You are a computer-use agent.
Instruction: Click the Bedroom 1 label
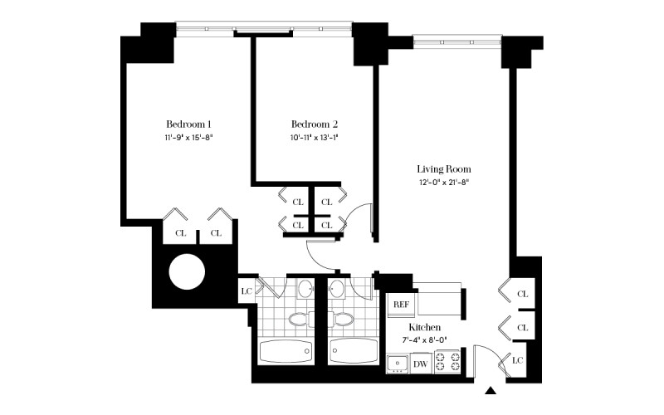pos(188,124)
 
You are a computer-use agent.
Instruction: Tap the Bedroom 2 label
pos(315,124)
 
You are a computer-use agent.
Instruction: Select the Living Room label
pos(444,169)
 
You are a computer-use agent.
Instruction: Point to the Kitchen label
pos(424,327)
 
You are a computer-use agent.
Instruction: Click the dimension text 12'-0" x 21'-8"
pos(443,183)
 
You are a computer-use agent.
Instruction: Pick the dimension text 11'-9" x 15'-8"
pos(188,137)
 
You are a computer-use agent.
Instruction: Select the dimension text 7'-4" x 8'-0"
pos(424,339)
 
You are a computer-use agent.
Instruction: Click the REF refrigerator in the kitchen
pos(402,305)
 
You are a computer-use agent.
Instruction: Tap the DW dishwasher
pos(420,364)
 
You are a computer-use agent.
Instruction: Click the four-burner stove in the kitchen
pos(447,361)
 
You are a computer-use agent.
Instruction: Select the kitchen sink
pos(398,364)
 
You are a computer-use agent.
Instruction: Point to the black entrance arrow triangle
pos(491,390)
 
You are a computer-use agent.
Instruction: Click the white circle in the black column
pos(187,272)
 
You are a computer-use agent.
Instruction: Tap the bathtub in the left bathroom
pos(286,351)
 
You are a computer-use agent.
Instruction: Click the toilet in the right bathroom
pos(342,320)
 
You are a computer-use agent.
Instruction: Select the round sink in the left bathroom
pos(305,289)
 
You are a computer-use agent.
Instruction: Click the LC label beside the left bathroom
pos(246,291)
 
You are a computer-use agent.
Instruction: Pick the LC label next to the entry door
pos(517,360)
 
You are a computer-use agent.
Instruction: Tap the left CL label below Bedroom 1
pos(180,233)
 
